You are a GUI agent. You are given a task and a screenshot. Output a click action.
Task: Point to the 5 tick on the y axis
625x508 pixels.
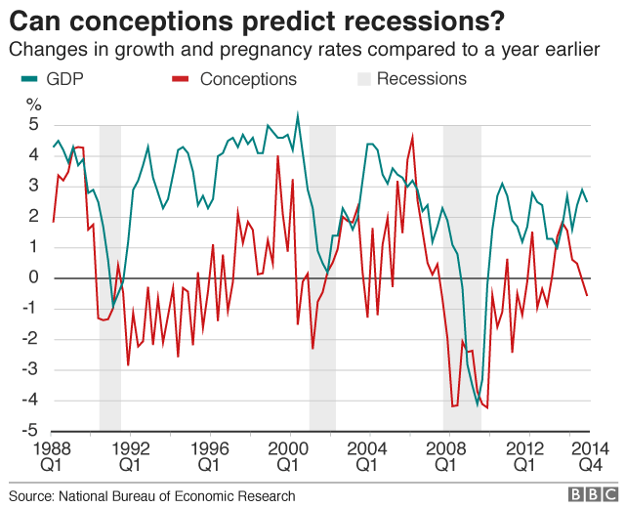(x=33, y=125)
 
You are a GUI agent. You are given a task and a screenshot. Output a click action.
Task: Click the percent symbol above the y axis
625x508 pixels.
(x=34, y=105)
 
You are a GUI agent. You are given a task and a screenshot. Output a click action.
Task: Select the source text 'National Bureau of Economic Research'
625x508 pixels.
(x=176, y=495)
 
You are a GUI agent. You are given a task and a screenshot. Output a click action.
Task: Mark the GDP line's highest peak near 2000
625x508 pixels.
(x=298, y=114)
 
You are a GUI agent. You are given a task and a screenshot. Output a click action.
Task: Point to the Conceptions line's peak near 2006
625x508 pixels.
(x=412, y=137)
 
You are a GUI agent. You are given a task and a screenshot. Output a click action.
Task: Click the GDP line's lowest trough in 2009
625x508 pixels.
(x=478, y=404)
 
